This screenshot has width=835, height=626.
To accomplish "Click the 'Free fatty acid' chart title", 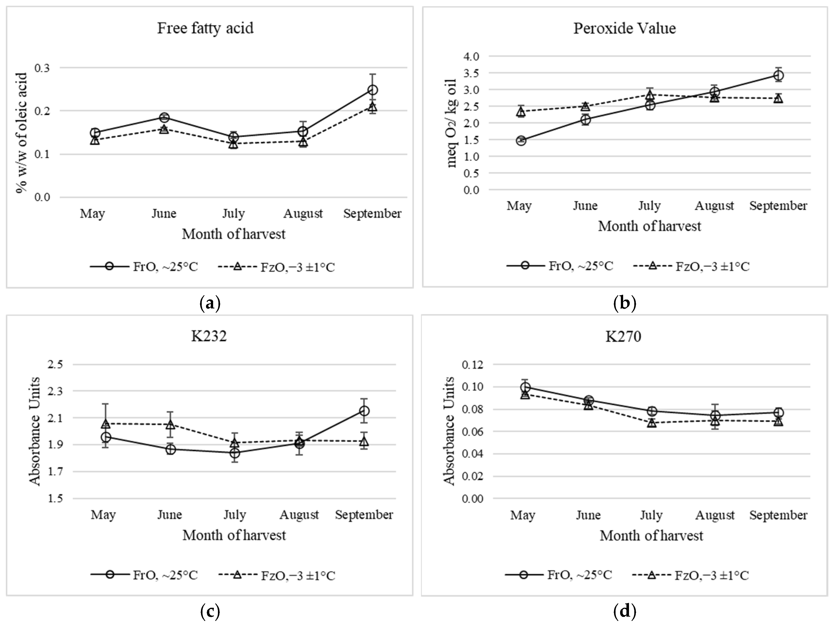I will pyautogui.click(x=205, y=28).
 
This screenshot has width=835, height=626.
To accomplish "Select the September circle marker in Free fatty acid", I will pyautogui.click(x=373, y=90).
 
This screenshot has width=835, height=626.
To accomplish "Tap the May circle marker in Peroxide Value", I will pyautogui.click(x=521, y=141).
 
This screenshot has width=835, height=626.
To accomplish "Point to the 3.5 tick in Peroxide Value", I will pyautogui.click(x=471, y=73).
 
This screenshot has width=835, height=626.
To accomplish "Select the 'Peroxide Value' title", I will pyautogui.click(x=624, y=28).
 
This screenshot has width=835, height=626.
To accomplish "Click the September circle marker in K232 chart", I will pyautogui.click(x=364, y=411).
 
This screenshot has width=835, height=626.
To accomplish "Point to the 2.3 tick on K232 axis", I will pyautogui.click(x=55, y=391).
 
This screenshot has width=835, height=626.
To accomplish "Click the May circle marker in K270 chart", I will pyautogui.click(x=525, y=387).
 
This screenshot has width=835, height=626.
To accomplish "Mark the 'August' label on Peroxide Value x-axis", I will pyautogui.click(x=714, y=206).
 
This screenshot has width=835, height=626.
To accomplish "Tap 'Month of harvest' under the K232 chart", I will pyautogui.click(x=234, y=535).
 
